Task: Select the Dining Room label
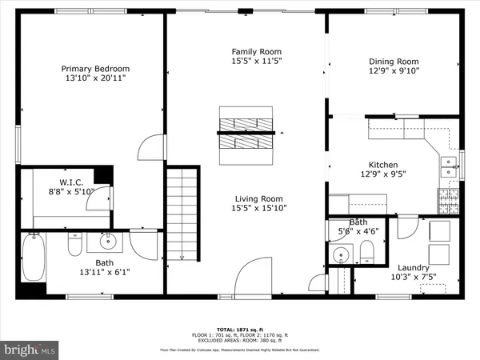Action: point(394,62)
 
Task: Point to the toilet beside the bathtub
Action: point(74,244)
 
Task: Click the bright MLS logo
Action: point(30,349)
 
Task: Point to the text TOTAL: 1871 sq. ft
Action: point(240,329)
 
